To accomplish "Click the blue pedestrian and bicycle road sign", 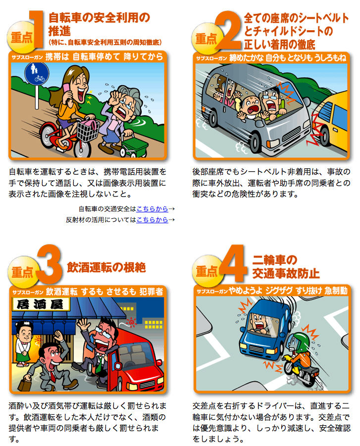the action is click(x=37, y=74).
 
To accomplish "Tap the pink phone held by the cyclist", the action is click(x=66, y=91).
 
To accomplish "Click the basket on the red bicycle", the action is click(x=88, y=130).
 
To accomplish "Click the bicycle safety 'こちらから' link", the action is click(x=152, y=209).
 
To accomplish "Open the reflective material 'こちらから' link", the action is click(x=152, y=220).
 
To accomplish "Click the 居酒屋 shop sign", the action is click(x=41, y=304).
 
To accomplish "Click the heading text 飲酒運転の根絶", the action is click(x=106, y=268).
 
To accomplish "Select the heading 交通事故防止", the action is click(x=286, y=273).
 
